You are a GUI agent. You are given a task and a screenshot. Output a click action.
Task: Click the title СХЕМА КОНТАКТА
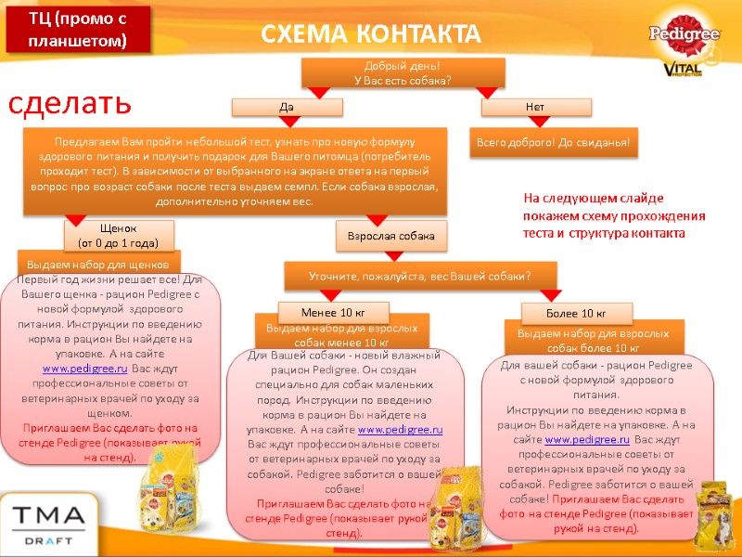coord(371,34)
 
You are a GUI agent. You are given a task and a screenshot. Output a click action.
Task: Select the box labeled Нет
coord(534,108)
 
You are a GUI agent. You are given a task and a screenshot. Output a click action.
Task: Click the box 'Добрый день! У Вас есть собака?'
coord(403,72)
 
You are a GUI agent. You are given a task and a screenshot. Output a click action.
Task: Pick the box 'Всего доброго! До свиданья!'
coord(553,143)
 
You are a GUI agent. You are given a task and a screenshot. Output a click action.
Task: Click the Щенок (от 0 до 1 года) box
coord(118,236)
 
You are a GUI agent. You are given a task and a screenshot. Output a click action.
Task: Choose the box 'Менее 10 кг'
coord(333,311)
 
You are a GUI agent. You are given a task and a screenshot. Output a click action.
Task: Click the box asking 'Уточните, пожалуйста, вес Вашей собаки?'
coord(419,276)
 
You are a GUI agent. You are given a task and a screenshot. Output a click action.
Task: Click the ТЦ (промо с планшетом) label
coord(76,31)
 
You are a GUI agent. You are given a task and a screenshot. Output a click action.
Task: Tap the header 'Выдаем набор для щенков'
coord(99,263)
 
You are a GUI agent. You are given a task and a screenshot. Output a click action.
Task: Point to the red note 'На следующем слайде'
coord(613,215)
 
